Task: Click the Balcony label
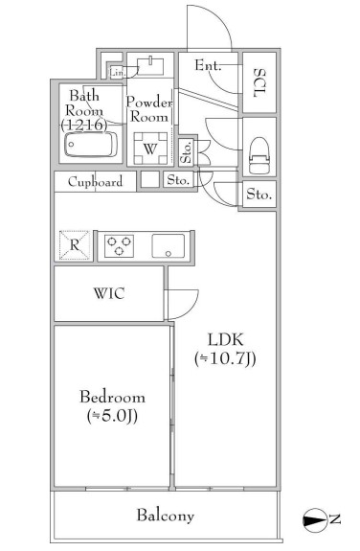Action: click(x=165, y=516)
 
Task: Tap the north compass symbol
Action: click(x=314, y=519)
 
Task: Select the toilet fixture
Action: click(x=259, y=154)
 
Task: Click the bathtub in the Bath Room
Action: click(x=91, y=145)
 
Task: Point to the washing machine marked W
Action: click(x=150, y=149)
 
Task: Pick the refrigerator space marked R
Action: click(x=74, y=245)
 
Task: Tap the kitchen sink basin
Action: click(x=169, y=246)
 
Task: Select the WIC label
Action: click(x=109, y=293)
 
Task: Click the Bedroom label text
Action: click(x=112, y=397)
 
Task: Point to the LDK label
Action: click(x=226, y=339)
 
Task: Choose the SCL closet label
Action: click(x=259, y=83)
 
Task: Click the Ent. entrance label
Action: click(x=209, y=65)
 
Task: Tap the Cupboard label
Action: click(x=95, y=182)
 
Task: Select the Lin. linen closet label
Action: click(x=117, y=73)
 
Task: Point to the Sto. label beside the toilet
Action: click(x=259, y=194)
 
